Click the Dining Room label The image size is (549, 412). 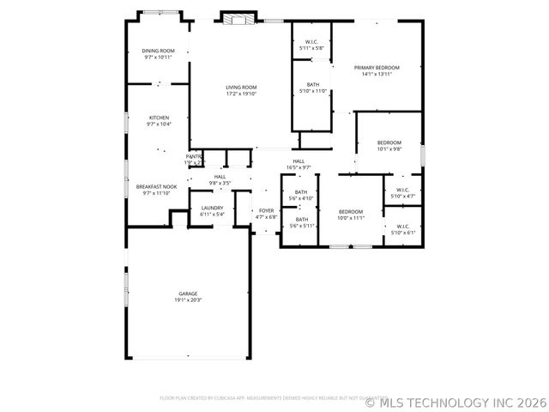(x=158, y=51)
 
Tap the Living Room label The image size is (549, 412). (x=241, y=88)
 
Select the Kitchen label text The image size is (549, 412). (x=159, y=118)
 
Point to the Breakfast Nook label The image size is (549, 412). (x=156, y=186)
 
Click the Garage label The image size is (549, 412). (x=188, y=294)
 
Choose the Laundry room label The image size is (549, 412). (x=212, y=208)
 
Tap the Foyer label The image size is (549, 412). (x=267, y=210)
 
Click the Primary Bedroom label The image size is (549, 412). (x=377, y=67)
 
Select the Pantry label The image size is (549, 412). (x=193, y=156)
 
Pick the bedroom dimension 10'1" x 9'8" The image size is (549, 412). (x=389, y=149)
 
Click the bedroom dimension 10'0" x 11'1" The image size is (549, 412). (x=350, y=218)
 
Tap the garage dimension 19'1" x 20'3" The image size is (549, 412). (x=188, y=300)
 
